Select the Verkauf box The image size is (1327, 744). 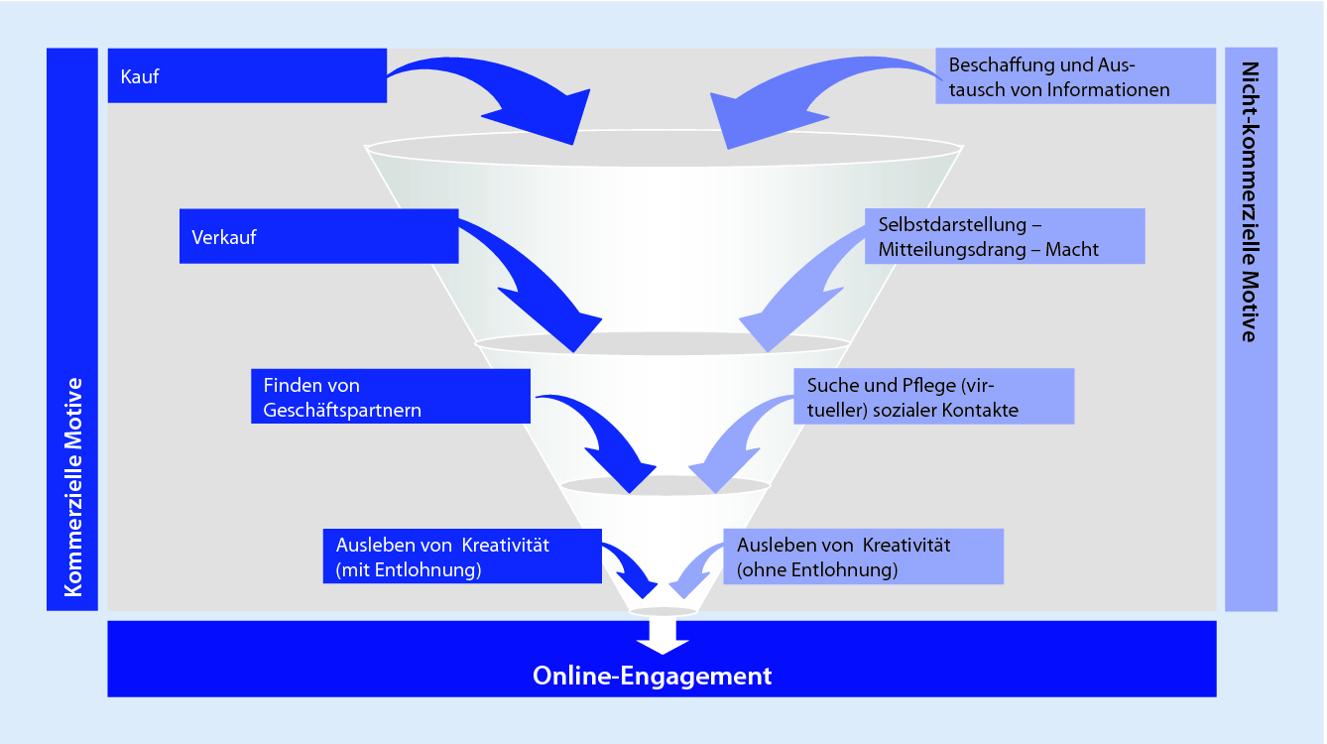[x=318, y=236]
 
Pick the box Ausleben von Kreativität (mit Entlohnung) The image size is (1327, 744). [x=462, y=557]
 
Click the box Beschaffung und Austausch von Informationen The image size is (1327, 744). [x=1075, y=77]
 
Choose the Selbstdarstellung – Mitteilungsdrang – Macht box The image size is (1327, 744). [x=1005, y=236]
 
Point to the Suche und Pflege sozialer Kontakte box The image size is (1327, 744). [x=933, y=397]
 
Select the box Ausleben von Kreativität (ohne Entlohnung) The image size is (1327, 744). [x=863, y=557]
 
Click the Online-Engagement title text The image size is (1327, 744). [x=652, y=677]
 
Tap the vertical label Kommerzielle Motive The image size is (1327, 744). [x=72, y=486]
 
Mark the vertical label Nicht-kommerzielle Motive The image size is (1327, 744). [x=1251, y=202]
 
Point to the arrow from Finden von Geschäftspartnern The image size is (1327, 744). [x=605, y=441]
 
